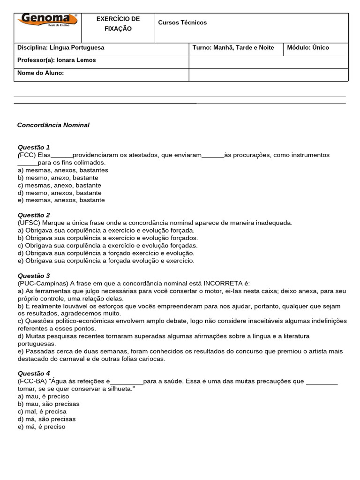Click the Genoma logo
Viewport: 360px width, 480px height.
(x=47, y=22)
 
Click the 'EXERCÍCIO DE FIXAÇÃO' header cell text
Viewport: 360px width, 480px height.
(x=118, y=24)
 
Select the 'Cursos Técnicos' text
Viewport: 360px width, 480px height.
(x=182, y=22)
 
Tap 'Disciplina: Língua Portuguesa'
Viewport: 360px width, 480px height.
(x=61, y=48)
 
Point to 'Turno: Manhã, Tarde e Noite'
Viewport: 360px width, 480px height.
(x=233, y=48)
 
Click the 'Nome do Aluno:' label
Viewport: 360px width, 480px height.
(x=40, y=73)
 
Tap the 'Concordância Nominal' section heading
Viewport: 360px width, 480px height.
(x=53, y=125)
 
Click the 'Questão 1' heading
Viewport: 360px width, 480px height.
(x=33, y=147)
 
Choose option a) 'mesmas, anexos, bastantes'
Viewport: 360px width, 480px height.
(x=63, y=170)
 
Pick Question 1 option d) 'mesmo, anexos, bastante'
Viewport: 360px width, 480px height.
(x=60, y=193)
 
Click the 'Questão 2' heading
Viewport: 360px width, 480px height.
(x=33, y=215)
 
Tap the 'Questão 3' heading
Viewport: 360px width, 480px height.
(x=33, y=276)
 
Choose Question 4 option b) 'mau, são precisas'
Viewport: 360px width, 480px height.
(x=48, y=404)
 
